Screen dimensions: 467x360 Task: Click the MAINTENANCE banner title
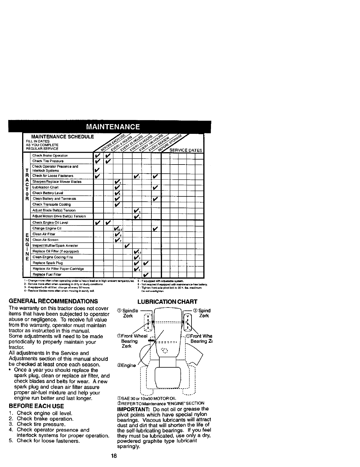pos(113,127)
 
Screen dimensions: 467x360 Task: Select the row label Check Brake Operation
pos(50,155)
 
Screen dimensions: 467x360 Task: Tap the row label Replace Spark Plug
pos(48,263)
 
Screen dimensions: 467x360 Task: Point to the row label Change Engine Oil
pos(47,228)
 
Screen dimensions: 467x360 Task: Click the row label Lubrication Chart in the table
pos(45,187)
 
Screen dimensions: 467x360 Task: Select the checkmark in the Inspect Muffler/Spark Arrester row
pos(127,245)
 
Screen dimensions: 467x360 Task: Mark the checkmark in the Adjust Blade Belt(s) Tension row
pos(136,211)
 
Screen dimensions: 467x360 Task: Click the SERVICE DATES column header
pos(185,150)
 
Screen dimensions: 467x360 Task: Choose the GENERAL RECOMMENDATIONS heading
pos(53,301)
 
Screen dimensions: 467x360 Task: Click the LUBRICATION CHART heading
pos(167,302)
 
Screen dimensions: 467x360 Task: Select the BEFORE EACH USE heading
pos(36,406)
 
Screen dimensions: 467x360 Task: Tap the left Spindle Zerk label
pos(127,313)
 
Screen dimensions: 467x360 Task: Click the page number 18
pos(114,456)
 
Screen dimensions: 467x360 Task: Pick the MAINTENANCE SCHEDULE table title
pos(63,137)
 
